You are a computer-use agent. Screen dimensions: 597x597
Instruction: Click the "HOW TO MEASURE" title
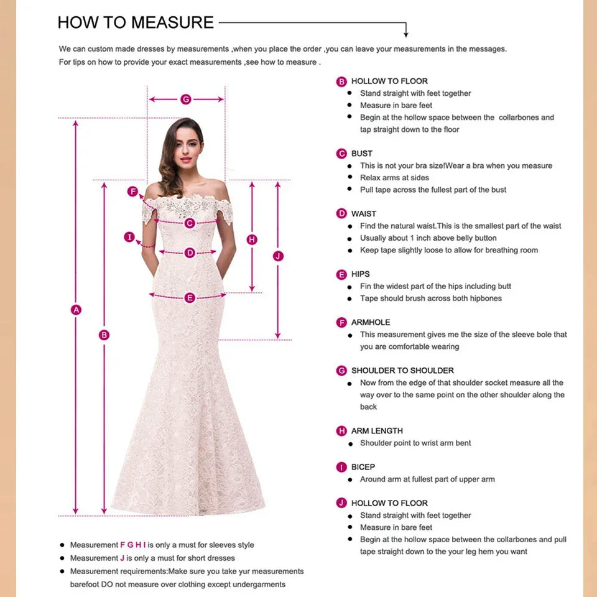pos(136,23)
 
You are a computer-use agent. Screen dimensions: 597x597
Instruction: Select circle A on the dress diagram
pos(76,309)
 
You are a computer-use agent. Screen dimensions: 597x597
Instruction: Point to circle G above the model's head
pos(185,99)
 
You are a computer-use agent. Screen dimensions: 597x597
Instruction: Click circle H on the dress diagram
pos(252,239)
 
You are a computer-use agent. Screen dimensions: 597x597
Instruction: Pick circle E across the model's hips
pos(190,298)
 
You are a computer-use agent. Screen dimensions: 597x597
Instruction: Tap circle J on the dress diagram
pos(278,256)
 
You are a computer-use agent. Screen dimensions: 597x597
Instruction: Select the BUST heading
pos(361,154)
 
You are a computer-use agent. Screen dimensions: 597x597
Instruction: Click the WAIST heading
pos(364,214)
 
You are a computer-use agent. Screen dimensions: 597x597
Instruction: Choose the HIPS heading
pos(360,274)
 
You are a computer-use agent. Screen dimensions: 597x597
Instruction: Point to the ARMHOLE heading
pos(371,323)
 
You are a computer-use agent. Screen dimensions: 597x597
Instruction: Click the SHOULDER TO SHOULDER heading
pos(402,371)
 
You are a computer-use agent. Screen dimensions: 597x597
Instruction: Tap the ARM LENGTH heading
pos(377,431)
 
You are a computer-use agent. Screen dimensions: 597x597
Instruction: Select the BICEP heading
pos(363,467)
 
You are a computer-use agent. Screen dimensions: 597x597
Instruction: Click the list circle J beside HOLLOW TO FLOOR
pos(341,503)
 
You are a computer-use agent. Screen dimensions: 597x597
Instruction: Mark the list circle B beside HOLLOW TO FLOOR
pos(341,81)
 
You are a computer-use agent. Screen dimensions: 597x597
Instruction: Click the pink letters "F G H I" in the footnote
pos(133,545)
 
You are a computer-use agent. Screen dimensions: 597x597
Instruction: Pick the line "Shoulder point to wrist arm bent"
pos(415,443)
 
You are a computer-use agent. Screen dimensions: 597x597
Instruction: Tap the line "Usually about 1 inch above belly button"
pos(428,238)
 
